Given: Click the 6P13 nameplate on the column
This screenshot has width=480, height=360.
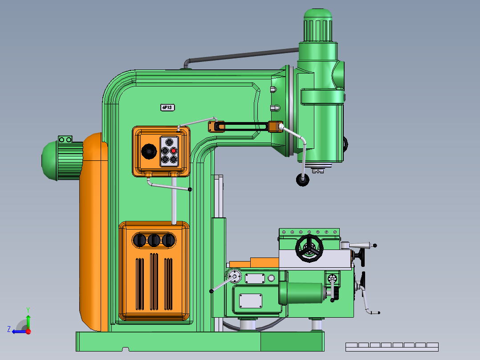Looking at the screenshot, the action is [167, 107].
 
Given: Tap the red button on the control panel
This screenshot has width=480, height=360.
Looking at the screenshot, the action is [174, 151].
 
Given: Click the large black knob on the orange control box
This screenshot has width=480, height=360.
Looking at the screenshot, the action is [149, 151].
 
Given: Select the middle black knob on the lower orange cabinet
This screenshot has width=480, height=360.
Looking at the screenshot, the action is [154, 240].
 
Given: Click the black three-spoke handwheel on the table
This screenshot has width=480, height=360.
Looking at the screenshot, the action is [309, 248].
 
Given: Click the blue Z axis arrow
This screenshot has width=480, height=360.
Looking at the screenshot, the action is [19, 332].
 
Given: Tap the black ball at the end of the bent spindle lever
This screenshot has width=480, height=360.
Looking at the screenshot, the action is [303, 180].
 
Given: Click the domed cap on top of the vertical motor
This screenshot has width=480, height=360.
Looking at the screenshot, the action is [318, 14].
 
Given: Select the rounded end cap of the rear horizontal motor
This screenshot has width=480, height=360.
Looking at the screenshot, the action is [49, 160].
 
